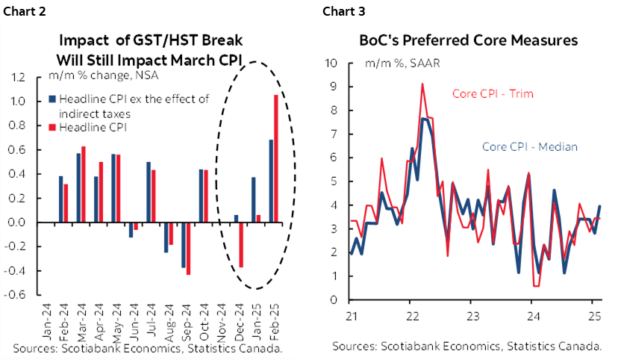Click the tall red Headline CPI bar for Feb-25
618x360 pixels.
[276, 158]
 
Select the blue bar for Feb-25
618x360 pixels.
[271, 181]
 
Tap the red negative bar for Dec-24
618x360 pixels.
[241, 244]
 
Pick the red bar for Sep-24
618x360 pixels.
[188, 248]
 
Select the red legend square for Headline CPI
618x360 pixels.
[52, 128]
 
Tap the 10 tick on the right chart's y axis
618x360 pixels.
[333, 62]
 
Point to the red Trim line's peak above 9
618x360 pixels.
[422, 84]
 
